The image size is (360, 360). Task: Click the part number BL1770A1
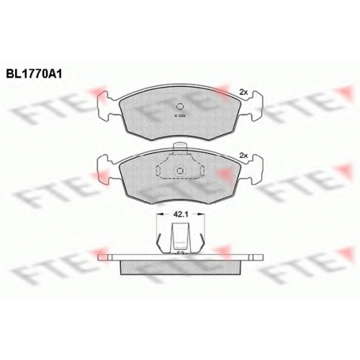pos(34,74)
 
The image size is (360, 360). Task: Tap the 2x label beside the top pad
pos(243,92)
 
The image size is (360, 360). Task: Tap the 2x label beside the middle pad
pos(243,156)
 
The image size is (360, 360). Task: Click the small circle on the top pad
pos(180,106)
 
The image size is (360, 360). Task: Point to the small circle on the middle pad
pos(180,171)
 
